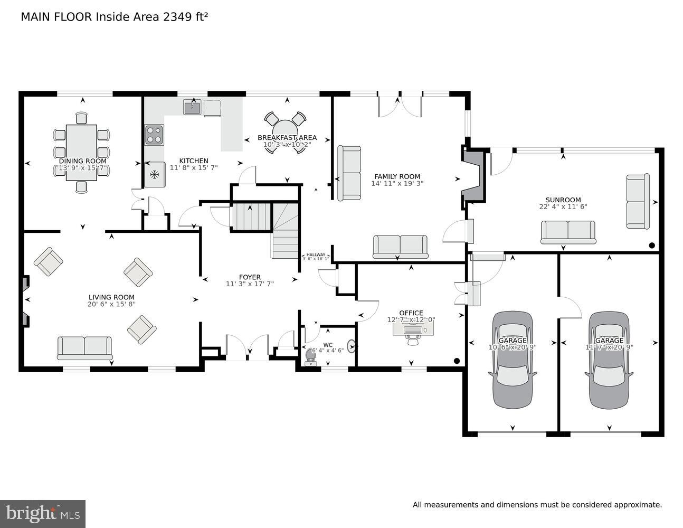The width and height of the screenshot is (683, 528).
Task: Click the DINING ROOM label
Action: pos(82,161)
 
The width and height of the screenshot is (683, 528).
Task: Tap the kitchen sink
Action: pos(192,108)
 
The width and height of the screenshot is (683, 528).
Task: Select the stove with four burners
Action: pos(154,135)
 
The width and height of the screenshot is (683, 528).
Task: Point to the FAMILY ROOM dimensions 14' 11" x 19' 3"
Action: pos(397,184)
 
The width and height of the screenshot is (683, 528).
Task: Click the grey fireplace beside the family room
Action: pos(473,176)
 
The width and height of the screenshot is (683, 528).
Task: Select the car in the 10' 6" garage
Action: pos(512,360)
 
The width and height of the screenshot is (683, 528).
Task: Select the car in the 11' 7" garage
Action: pos(609,360)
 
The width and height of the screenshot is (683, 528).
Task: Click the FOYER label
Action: pos(250,277)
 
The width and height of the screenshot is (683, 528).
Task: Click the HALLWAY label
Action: pos(316,254)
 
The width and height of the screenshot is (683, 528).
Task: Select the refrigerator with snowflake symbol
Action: pos(155,175)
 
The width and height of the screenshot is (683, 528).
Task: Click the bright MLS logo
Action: pos(43,513)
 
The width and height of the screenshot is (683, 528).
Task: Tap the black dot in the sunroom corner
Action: pos(652,246)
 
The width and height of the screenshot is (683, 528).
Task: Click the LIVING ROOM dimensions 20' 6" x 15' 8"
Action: pos(111,304)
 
